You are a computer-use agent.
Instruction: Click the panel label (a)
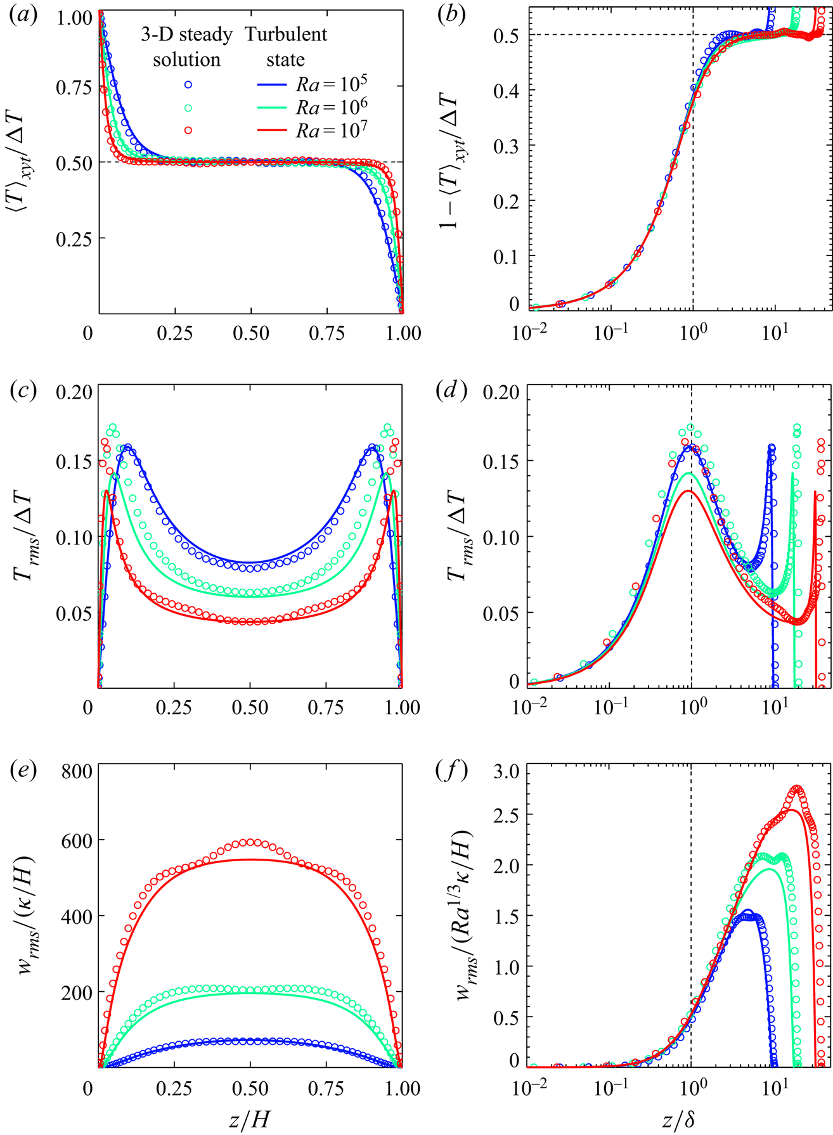(22, 17)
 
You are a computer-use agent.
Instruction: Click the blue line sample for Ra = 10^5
(274, 84)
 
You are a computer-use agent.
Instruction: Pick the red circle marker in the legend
(188, 130)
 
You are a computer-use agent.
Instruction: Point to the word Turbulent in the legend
(286, 34)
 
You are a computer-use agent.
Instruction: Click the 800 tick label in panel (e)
(77, 771)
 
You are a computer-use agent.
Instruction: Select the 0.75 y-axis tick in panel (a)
(72, 87)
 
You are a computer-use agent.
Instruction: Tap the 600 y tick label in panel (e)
(77, 841)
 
